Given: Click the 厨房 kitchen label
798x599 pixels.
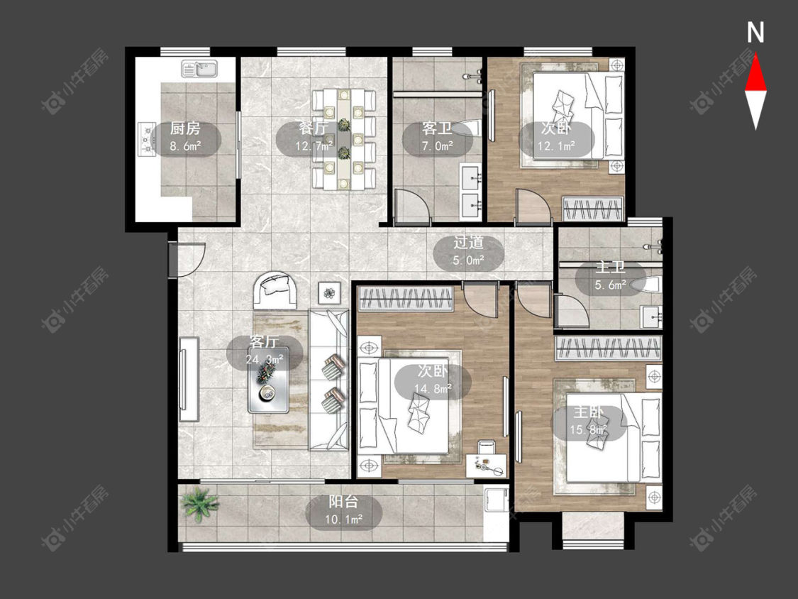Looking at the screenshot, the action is pyautogui.click(x=185, y=128).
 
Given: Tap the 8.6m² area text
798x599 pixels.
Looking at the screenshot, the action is pyautogui.click(x=185, y=147).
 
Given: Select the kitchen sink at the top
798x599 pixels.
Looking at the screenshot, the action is pyautogui.click(x=199, y=69).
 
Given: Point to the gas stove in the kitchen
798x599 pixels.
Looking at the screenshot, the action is pyautogui.click(x=147, y=140).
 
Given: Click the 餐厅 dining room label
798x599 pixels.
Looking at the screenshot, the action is pyautogui.click(x=314, y=128).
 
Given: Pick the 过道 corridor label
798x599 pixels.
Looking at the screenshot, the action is pyautogui.click(x=468, y=243).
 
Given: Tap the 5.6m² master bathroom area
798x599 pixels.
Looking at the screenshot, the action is pyautogui.click(x=610, y=286).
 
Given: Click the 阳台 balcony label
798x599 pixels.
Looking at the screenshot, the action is pyautogui.click(x=343, y=502).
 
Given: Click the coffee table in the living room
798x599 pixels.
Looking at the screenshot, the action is pyautogui.click(x=268, y=380).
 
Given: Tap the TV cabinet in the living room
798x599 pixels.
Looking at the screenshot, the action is pyautogui.click(x=189, y=379).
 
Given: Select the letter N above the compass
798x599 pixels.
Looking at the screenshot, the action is pyautogui.click(x=755, y=33).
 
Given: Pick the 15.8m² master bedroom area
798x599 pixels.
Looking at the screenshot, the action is pyautogui.click(x=588, y=430).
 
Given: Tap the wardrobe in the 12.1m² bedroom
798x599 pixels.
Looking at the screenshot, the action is pyautogui.click(x=594, y=209).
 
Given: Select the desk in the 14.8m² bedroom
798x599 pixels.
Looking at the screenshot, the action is pyautogui.click(x=487, y=464).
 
